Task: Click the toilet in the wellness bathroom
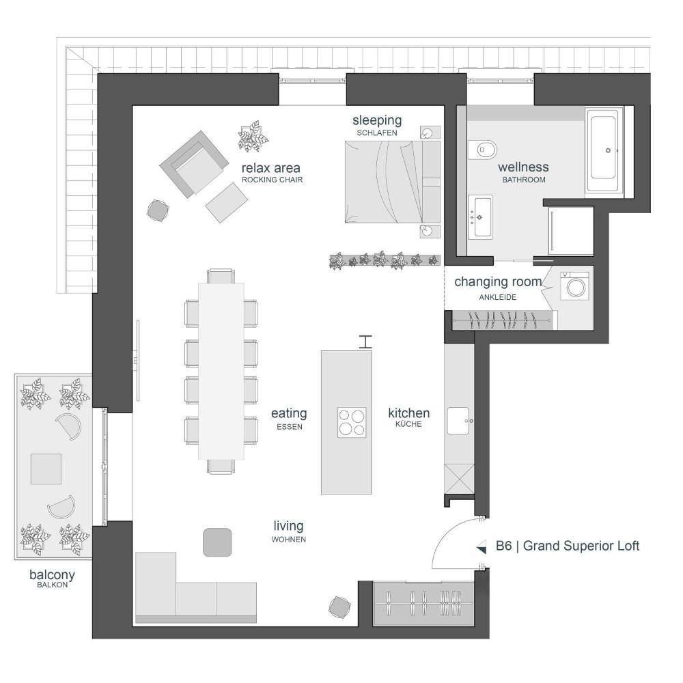(x=483, y=150)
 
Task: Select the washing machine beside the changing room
(x=574, y=285)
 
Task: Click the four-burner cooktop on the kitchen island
(x=352, y=423)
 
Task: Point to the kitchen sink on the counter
(x=459, y=421)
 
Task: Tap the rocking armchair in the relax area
(x=194, y=164)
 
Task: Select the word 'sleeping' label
(x=377, y=120)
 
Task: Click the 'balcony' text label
(x=53, y=575)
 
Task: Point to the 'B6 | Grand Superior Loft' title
(x=568, y=546)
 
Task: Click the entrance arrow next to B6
(x=482, y=546)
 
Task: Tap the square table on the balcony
(x=46, y=469)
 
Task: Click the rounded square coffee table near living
(x=217, y=542)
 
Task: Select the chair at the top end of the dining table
(x=221, y=276)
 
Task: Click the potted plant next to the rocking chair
(x=253, y=137)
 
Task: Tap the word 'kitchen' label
(x=409, y=413)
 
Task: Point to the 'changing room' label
(x=499, y=282)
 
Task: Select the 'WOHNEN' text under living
(x=289, y=540)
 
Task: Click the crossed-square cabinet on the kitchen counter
(x=459, y=479)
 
